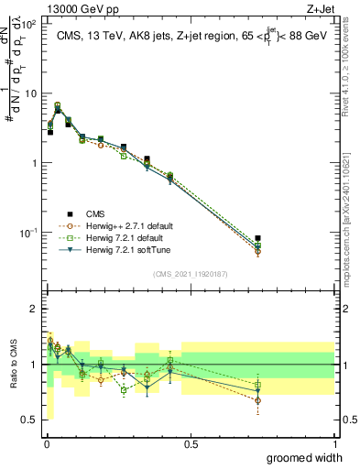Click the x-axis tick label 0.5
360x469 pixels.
(x=191, y=443)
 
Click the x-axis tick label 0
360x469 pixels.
(x=48, y=443)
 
